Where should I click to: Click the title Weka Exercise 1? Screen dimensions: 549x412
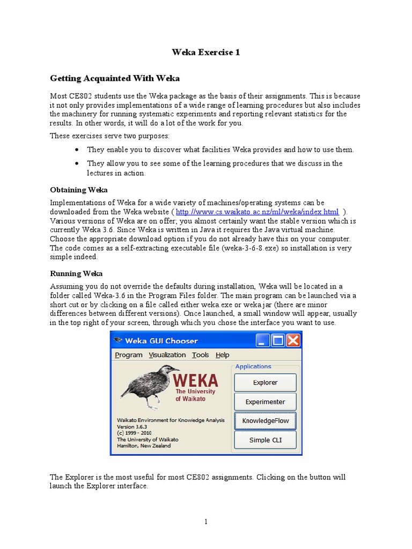coord(205,52)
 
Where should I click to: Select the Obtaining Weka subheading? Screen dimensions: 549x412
coord(78,190)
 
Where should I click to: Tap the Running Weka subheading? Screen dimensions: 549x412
coord(76,273)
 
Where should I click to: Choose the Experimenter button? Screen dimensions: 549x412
coord(265,402)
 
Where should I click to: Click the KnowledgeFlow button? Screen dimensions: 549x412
coord(265,421)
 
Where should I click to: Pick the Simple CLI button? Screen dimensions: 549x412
coord(265,440)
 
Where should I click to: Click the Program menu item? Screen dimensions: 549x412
coord(129,355)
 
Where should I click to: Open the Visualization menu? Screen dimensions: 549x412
coord(167,355)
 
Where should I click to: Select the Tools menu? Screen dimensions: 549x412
coord(201,355)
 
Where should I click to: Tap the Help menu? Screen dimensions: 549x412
coord(222,355)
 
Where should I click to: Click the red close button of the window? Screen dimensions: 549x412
coord(293,340)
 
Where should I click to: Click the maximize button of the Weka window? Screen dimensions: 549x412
coord(278,340)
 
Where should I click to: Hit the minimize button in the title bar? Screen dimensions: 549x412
coord(262,340)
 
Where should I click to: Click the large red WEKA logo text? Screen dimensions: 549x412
coord(195,381)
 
